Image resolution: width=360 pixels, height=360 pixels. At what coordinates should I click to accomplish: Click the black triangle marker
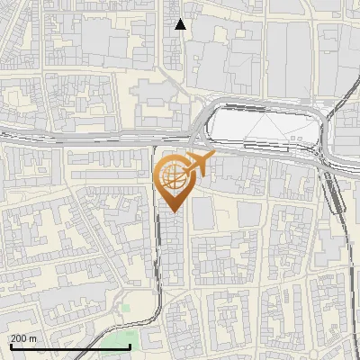coord(181,24)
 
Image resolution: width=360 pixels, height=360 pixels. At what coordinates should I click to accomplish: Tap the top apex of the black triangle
coord(181,19)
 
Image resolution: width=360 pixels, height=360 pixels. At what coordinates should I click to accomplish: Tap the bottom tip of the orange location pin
coord(173,212)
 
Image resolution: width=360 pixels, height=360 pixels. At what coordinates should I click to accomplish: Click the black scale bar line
coord(70,346)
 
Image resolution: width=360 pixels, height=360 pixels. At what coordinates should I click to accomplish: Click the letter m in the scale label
coord(34,338)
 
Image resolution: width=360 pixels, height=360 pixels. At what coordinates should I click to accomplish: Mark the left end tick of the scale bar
coord(10,345)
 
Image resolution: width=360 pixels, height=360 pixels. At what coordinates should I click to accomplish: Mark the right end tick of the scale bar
coord(130,345)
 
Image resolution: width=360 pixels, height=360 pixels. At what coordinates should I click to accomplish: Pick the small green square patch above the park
coord(127,309)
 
